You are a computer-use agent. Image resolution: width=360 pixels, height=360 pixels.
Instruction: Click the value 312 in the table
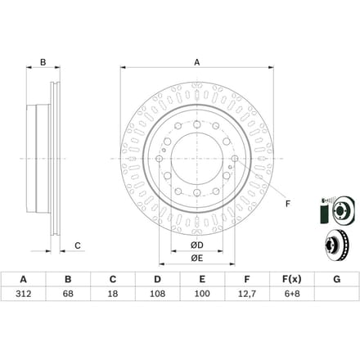pyautogui.click(x=24, y=294)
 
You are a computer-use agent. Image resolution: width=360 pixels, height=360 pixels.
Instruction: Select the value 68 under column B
pyautogui.click(x=68, y=294)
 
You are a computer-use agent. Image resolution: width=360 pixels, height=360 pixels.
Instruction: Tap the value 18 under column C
pyautogui.click(x=113, y=294)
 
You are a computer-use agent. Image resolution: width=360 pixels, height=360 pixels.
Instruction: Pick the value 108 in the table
pyautogui.click(x=157, y=294)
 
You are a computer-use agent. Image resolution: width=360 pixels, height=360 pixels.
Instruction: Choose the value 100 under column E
pyautogui.click(x=202, y=294)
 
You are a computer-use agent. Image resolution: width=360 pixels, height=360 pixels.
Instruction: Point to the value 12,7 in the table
pyautogui.click(x=247, y=294)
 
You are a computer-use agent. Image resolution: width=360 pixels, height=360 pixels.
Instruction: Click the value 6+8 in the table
pyautogui.click(x=292, y=294)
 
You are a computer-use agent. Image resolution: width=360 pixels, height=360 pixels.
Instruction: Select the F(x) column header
pyautogui.click(x=292, y=279)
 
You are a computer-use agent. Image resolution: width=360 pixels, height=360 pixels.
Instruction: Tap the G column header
pyautogui.click(x=337, y=279)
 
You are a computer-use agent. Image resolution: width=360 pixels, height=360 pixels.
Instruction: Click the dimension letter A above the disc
pyautogui.click(x=197, y=62)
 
